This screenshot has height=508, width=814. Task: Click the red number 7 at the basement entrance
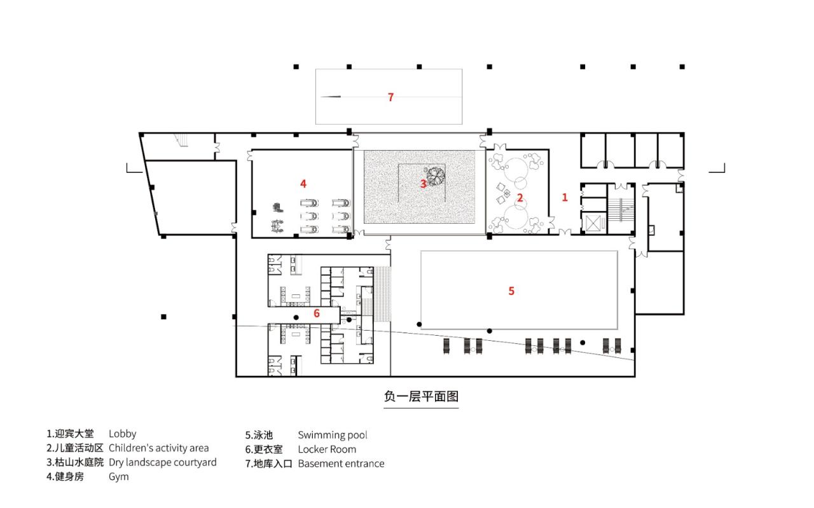tap(390, 97)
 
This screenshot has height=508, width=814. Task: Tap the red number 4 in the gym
tap(303, 183)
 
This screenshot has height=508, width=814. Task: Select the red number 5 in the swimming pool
tap(511, 291)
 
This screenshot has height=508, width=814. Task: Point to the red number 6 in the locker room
tap(316, 313)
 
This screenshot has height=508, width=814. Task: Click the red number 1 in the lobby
tap(564, 198)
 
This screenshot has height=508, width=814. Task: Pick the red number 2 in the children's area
tap(520, 198)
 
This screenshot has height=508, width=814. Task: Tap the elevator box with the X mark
tap(593, 223)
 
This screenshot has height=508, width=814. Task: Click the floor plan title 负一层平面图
tap(421, 396)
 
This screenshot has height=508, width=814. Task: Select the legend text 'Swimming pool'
tap(332, 436)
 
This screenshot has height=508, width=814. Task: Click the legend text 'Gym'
tap(118, 476)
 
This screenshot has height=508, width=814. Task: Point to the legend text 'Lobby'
tap(122, 434)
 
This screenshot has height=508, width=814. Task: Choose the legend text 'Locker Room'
tap(327, 450)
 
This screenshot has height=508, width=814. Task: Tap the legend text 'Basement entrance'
tap(341, 463)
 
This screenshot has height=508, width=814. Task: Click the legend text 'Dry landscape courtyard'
tap(162, 462)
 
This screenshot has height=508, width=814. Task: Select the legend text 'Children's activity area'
tap(158, 448)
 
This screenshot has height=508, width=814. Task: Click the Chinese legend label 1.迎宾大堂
tap(70, 434)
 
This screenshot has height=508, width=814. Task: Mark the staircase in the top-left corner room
tap(183, 140)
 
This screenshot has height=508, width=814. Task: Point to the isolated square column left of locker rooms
tap(163, 317)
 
